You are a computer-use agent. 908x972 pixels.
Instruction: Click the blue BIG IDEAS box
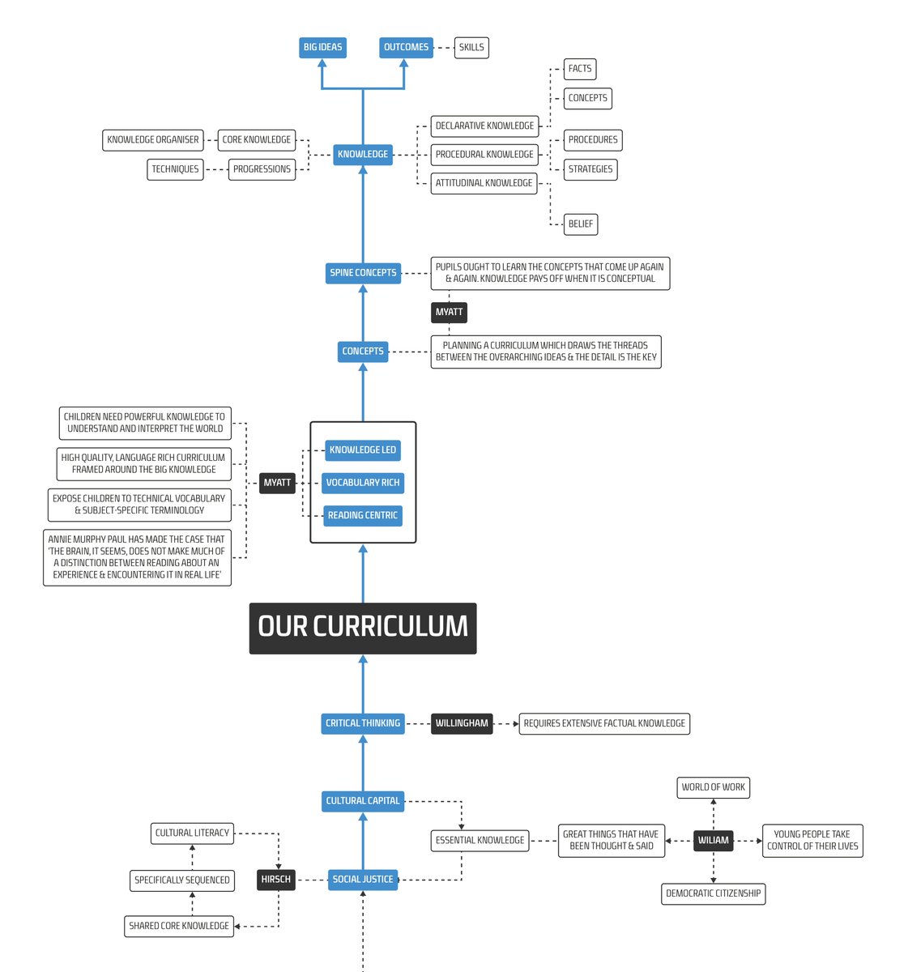(322, 47)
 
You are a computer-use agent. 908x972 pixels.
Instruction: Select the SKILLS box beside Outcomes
(471, 47)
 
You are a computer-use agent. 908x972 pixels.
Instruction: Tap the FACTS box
(580, 69)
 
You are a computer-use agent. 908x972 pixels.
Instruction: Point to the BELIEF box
(581, 224)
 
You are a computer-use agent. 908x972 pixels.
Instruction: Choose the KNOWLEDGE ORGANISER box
(153, 140)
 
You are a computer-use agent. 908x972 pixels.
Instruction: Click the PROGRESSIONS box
(262, 169)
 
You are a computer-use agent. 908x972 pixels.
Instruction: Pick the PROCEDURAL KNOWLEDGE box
(484, 155)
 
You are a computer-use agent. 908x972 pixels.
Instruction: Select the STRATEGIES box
(590, 169)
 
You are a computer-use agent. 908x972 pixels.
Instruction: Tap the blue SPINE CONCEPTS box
(363, 273)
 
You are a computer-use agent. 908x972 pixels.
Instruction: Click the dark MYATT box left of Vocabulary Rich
(277, 483)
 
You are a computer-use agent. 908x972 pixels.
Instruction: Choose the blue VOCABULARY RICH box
(363, 483)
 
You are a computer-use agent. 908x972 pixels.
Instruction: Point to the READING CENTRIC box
(363, 515)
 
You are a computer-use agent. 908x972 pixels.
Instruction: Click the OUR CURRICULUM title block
(363, 628)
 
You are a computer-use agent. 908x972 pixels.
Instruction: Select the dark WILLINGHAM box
(462, 723)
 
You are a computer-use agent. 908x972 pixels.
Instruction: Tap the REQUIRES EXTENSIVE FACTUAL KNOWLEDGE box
(604, 723)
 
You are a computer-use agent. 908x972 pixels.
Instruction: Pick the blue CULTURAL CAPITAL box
(363, 801)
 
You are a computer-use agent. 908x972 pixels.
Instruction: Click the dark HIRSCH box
(275, 880)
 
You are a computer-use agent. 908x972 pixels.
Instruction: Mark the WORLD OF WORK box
(714, 787)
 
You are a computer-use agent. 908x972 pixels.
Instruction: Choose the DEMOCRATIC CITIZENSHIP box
(714, 893)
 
